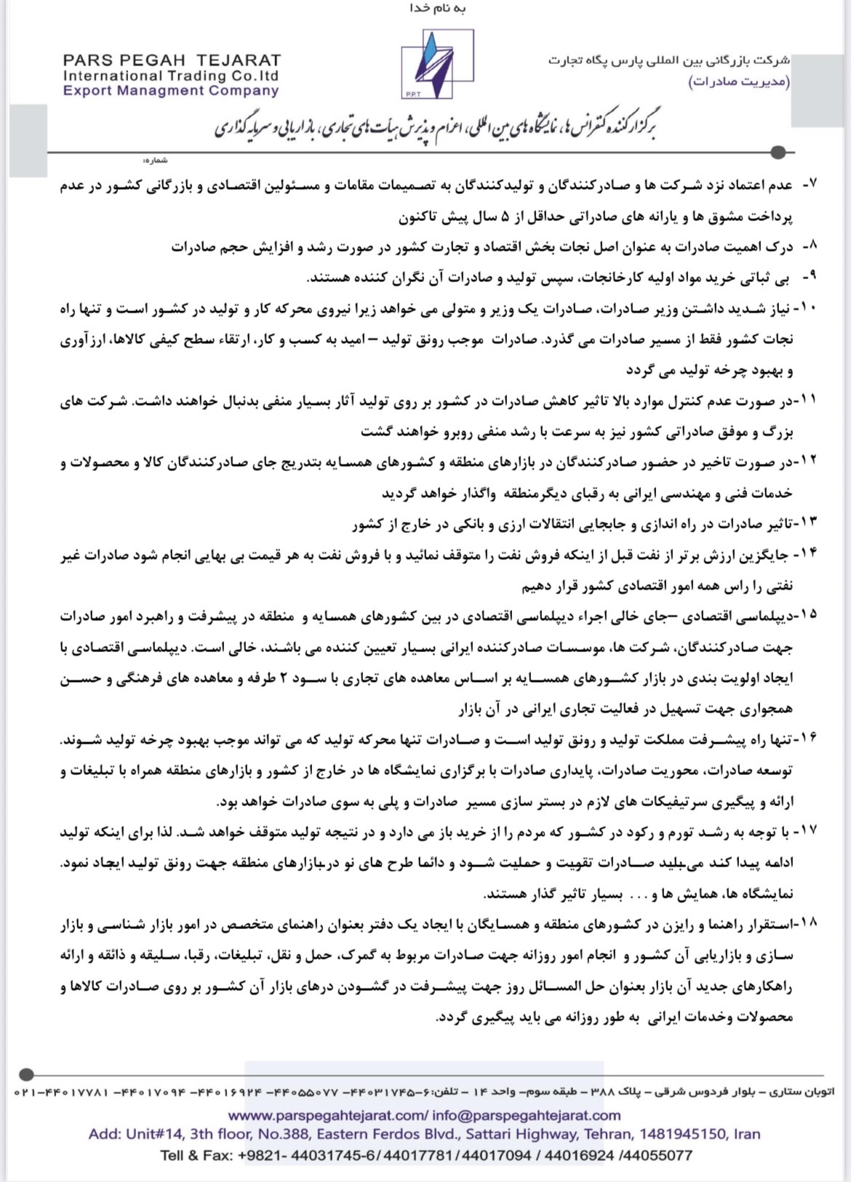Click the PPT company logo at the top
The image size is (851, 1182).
click(436, 64)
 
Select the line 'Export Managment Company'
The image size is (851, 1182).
click(171, 91)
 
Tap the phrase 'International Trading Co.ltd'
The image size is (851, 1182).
click(171, 76)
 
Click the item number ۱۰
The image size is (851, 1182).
click(807, 307)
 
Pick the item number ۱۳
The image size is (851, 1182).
click(807, 522)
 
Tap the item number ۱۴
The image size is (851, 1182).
click(807, 553)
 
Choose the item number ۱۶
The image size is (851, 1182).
click(807, 738)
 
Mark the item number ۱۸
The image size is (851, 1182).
click(807, 922)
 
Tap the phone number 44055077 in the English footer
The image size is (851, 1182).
click(658, 1154)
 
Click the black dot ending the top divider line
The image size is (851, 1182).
click(778, 153)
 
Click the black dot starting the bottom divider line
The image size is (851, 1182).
click(26, 1074)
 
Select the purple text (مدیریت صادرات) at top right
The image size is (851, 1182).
click(738, 81)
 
